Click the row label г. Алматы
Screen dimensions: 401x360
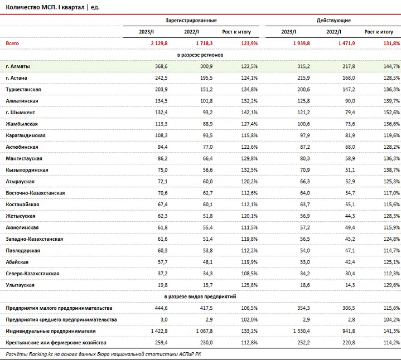[x=18, y=66]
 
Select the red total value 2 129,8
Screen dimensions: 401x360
[x=159, y=43]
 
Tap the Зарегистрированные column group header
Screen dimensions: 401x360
[x=191, y=21]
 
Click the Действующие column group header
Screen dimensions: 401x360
[x=334, y=21]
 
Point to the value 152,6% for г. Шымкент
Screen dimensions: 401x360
[x=392, y=113]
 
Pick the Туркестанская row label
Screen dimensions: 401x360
[x=23, y=89]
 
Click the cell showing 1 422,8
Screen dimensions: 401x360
[x=159, y=331]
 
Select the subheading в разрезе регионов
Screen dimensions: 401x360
[x=200, y=55]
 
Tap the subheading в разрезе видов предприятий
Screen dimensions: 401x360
[x=200, y=296]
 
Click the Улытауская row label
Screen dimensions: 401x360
[x=20, y=285]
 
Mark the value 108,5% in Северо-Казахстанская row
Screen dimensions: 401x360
[x=249, y=274]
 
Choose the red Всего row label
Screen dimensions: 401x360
[x=12, y=43]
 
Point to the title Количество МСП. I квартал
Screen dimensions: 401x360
[x=45, y=7]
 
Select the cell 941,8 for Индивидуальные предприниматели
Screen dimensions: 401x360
[x=349, y=331]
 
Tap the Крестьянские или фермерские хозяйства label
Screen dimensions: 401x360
[x=56, y=343]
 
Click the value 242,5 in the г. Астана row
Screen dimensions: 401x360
[x=161, y=78]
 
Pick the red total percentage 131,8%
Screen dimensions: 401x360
[x=392, y=43]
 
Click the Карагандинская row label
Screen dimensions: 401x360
[x=26, y=135]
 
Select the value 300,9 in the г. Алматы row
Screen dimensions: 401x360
[x=206, y=66]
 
